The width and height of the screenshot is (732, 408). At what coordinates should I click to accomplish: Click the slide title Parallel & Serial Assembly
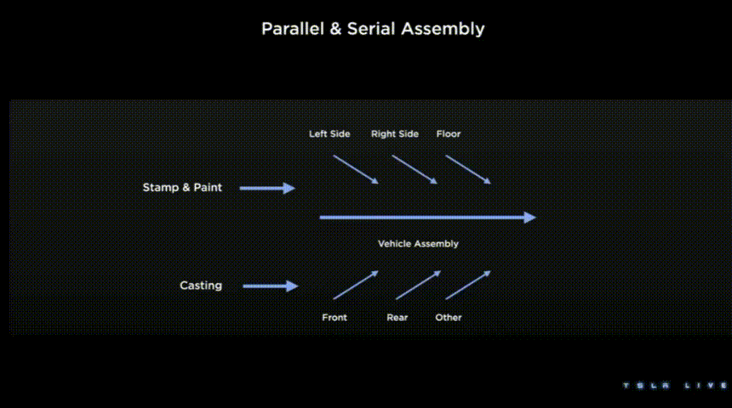click(373, 29)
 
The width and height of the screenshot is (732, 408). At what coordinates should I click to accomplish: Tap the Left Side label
click(329, 134)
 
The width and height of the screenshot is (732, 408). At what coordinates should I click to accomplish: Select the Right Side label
click(395, 134)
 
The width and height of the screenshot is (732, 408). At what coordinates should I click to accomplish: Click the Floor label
click(449, 134)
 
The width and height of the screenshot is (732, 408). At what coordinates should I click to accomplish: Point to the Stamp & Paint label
click(182, 188)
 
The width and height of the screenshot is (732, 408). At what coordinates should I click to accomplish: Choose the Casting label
click(201, 286)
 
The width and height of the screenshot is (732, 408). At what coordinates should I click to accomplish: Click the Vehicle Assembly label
click(418, 244)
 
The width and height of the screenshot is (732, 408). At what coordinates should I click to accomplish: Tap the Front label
click(335, 318)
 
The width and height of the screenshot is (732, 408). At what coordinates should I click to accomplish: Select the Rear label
click(397, 318)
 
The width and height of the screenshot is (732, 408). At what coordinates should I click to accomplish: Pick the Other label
click(449, 318)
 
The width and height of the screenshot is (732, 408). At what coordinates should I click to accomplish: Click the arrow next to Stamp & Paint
click(267, 188)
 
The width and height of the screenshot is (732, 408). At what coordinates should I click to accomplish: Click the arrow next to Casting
click(271, 286)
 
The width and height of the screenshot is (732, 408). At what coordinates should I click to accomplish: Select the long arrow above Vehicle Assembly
click(427, 218)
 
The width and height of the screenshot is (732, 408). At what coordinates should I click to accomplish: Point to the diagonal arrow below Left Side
click(356, 169)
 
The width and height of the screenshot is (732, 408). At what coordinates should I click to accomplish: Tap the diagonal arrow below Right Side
click(415, 169)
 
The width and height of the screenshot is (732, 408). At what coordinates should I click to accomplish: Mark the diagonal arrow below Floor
click(468, 169)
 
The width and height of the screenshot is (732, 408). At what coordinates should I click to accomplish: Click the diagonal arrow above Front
click(356, 285)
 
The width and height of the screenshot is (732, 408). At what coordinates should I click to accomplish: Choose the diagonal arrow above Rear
click(418, 285)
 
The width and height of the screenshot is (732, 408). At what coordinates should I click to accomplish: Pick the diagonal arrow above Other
click(468, 285)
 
